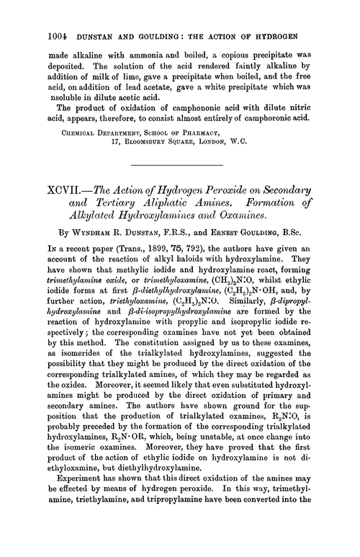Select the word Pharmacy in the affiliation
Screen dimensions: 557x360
click(224, 132)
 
